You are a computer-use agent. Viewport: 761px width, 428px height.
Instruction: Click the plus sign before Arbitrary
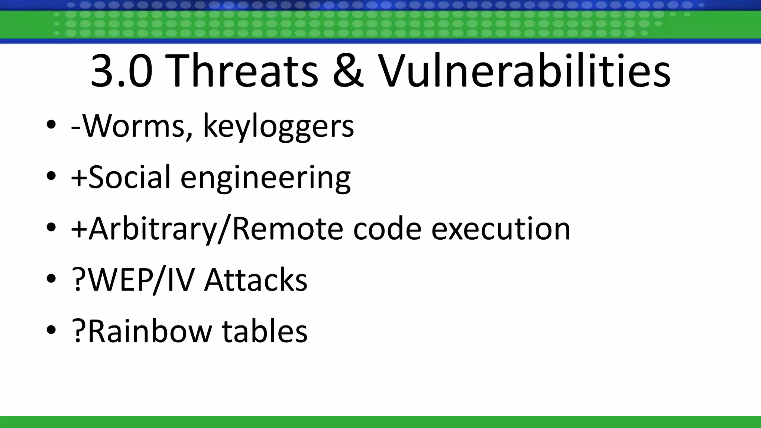pyautogui.click(x=78, y=229)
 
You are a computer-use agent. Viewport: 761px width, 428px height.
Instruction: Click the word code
pyautogui.click(x=387, y=228)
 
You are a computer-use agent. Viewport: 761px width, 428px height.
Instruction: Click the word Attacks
pyautogui.click(x=256, y=279)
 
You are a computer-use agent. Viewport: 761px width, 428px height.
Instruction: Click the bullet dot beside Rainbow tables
pyautogui.click(x=51, y=330)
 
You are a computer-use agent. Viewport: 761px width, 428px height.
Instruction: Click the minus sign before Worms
pyautogui.click(x=76, y=129)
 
